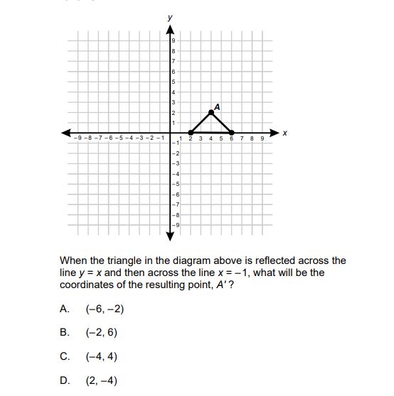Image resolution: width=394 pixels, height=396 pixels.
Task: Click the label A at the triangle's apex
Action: tap(217, 106)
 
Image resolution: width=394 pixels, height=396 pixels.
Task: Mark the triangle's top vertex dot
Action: tap(211, 112)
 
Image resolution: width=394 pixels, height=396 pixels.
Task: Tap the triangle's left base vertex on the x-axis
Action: tap(191, 132)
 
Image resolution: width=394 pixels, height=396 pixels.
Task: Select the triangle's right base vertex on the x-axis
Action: tap(232, 132)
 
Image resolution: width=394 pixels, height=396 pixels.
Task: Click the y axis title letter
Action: tap(170, 16)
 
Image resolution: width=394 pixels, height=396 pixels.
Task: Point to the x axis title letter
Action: tap(285, 132)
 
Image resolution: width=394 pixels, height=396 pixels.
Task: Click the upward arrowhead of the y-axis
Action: tap(170, 30)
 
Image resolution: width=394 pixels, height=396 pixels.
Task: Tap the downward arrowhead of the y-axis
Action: tap(170, 234)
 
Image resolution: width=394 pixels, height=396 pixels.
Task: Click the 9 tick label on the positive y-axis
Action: tap(173, 43)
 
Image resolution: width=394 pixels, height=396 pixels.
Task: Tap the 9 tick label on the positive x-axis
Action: tap(262, 139)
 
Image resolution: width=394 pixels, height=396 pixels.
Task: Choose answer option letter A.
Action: tap(64, 309)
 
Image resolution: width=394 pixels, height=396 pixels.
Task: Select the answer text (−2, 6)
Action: tap(99, 331)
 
